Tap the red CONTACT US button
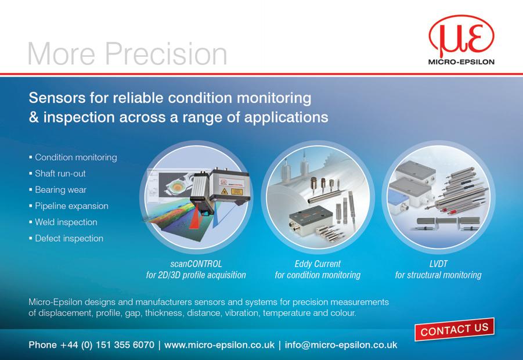click(x=455, y=329)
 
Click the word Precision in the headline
click(x=167, y=53)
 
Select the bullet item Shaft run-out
click(x=60, y=174)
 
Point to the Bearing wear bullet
click(x=60, y=190)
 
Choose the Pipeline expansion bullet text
click(x=71, y=206)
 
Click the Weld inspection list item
click(x=66, y=222)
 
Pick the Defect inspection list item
click(x=69, y=239)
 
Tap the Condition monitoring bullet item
click(x=75, y=157)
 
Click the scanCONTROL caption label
click(x=196, y=264)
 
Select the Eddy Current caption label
click(x=318, y=264)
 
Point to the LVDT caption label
click(x=438, y=264)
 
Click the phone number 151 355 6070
click(x=125, y=345)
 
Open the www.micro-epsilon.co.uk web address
click(x=219, y=345)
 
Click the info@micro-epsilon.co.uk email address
click(x=341, y=345)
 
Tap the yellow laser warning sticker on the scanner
click(x=236, y=191)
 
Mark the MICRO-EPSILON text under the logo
click(x=461, y=62)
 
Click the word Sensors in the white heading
click(x=57, y=98)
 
